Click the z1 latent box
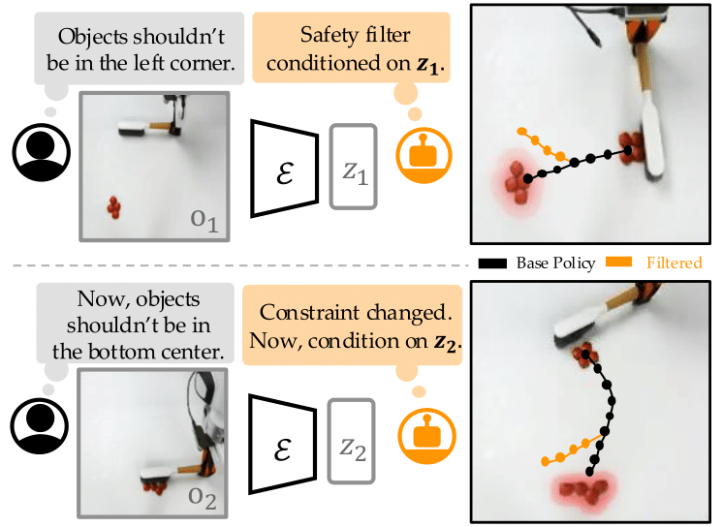[x=354, y=167]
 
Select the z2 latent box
[x=352, y=441]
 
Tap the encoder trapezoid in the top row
[x=285, y=169]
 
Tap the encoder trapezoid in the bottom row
[x=283, y=444]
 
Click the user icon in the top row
[x=41, y=152]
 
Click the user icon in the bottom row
[x=40, y=425]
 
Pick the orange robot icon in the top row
[x=424, y=155]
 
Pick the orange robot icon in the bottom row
[x=427, y=435]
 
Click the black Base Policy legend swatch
[x=492, y=263]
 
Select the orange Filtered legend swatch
[x=618, y=262]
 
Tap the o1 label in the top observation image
[x=204, y=220]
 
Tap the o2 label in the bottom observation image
[x=202, y=498]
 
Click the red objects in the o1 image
[x=114, y=207]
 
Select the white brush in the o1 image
[x=134, y=128]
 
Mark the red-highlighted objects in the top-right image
[x=517, y=182]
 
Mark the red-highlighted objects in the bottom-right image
[x=584, y=490]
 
